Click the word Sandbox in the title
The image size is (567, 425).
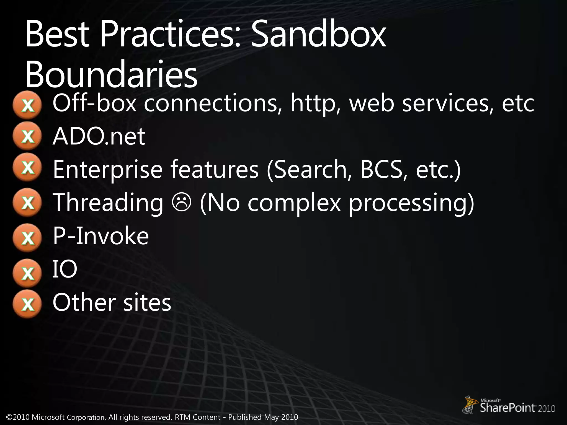[318, 36]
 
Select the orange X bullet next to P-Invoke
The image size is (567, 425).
[27, 237]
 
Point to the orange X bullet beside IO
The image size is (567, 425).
[27, 273]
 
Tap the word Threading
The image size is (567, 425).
[108, 203]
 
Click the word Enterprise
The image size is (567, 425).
[107, 170]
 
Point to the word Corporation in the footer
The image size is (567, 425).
[86, 417]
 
